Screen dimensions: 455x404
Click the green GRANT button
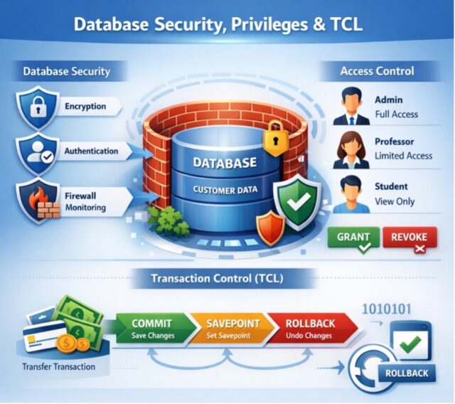pyautogui.click(x=353, y=237)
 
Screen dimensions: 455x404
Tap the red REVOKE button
pyautogui.click(x=409, y=237)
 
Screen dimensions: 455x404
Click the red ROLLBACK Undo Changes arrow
pyautogui.click(x=312, y=329)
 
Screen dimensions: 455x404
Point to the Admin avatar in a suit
pyautogui.click(x=352, y=107)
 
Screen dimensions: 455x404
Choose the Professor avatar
pyautogui.click(x=351, y=150)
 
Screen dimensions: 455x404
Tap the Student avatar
pyautogui.click(x=351, y=194)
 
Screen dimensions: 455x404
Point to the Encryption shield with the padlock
pyautogui.click(x=38, y=107)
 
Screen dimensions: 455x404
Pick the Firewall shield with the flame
pyautogui.click(x=40, y=201)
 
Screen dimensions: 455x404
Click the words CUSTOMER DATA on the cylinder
pyautogui.click(x=225, y=190)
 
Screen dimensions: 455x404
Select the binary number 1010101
pyautogui.click(x=387, y=309)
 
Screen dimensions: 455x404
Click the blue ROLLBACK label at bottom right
pyautogui.click(x=407, y=373)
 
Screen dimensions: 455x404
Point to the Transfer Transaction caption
pyautogui.click(x=58, y=367)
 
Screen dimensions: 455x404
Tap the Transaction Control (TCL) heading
pyautogui.click(x=217, y=279)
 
